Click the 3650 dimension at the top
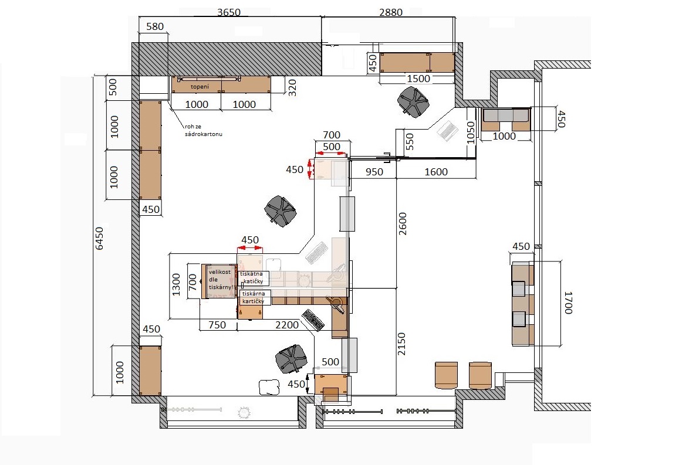(x=229, y=12)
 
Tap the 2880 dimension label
(x=391, y=12)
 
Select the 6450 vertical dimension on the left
(x=100, y=239)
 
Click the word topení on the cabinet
(x=200, y=87)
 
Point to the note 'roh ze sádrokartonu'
(x=204, y=130)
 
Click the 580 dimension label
(x=155, y=26)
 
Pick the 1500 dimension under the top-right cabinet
(x=418, y=79)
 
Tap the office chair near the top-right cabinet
(x=413, y=102)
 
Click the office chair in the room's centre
(x=281, y=211)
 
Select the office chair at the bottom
(x=291, y=358)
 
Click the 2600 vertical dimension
(x=403, y=223)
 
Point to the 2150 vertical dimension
(x=401, y=344)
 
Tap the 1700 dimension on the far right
(x=568, y=303)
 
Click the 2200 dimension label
(x=287, y=325)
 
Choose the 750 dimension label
(x=217, y=325)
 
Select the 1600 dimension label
(x=436, y=172)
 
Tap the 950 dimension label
(x=374, y=172)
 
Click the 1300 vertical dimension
(x=176, y=284)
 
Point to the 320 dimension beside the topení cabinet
(x=292, y=88)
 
